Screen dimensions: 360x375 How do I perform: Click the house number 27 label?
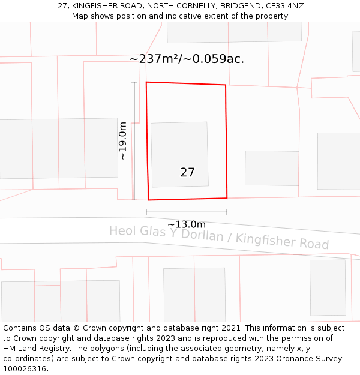[x=187, y=172]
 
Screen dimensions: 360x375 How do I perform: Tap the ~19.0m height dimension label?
[x=122, y=141]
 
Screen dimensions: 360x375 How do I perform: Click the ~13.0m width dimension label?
[x=187, y=224]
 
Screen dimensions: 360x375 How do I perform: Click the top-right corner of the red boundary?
[x=226, y=85]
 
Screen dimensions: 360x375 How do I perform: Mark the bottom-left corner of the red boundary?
[x=148, y=200]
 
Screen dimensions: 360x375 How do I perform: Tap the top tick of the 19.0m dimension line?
[x=134, y=82]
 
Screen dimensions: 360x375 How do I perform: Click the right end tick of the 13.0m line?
[x=227, y=212]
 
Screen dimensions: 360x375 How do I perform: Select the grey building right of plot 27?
[x=272, y=168]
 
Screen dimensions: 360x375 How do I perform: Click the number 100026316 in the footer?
[x=25, y=369]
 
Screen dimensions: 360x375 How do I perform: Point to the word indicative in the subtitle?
[x=183, y=16]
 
